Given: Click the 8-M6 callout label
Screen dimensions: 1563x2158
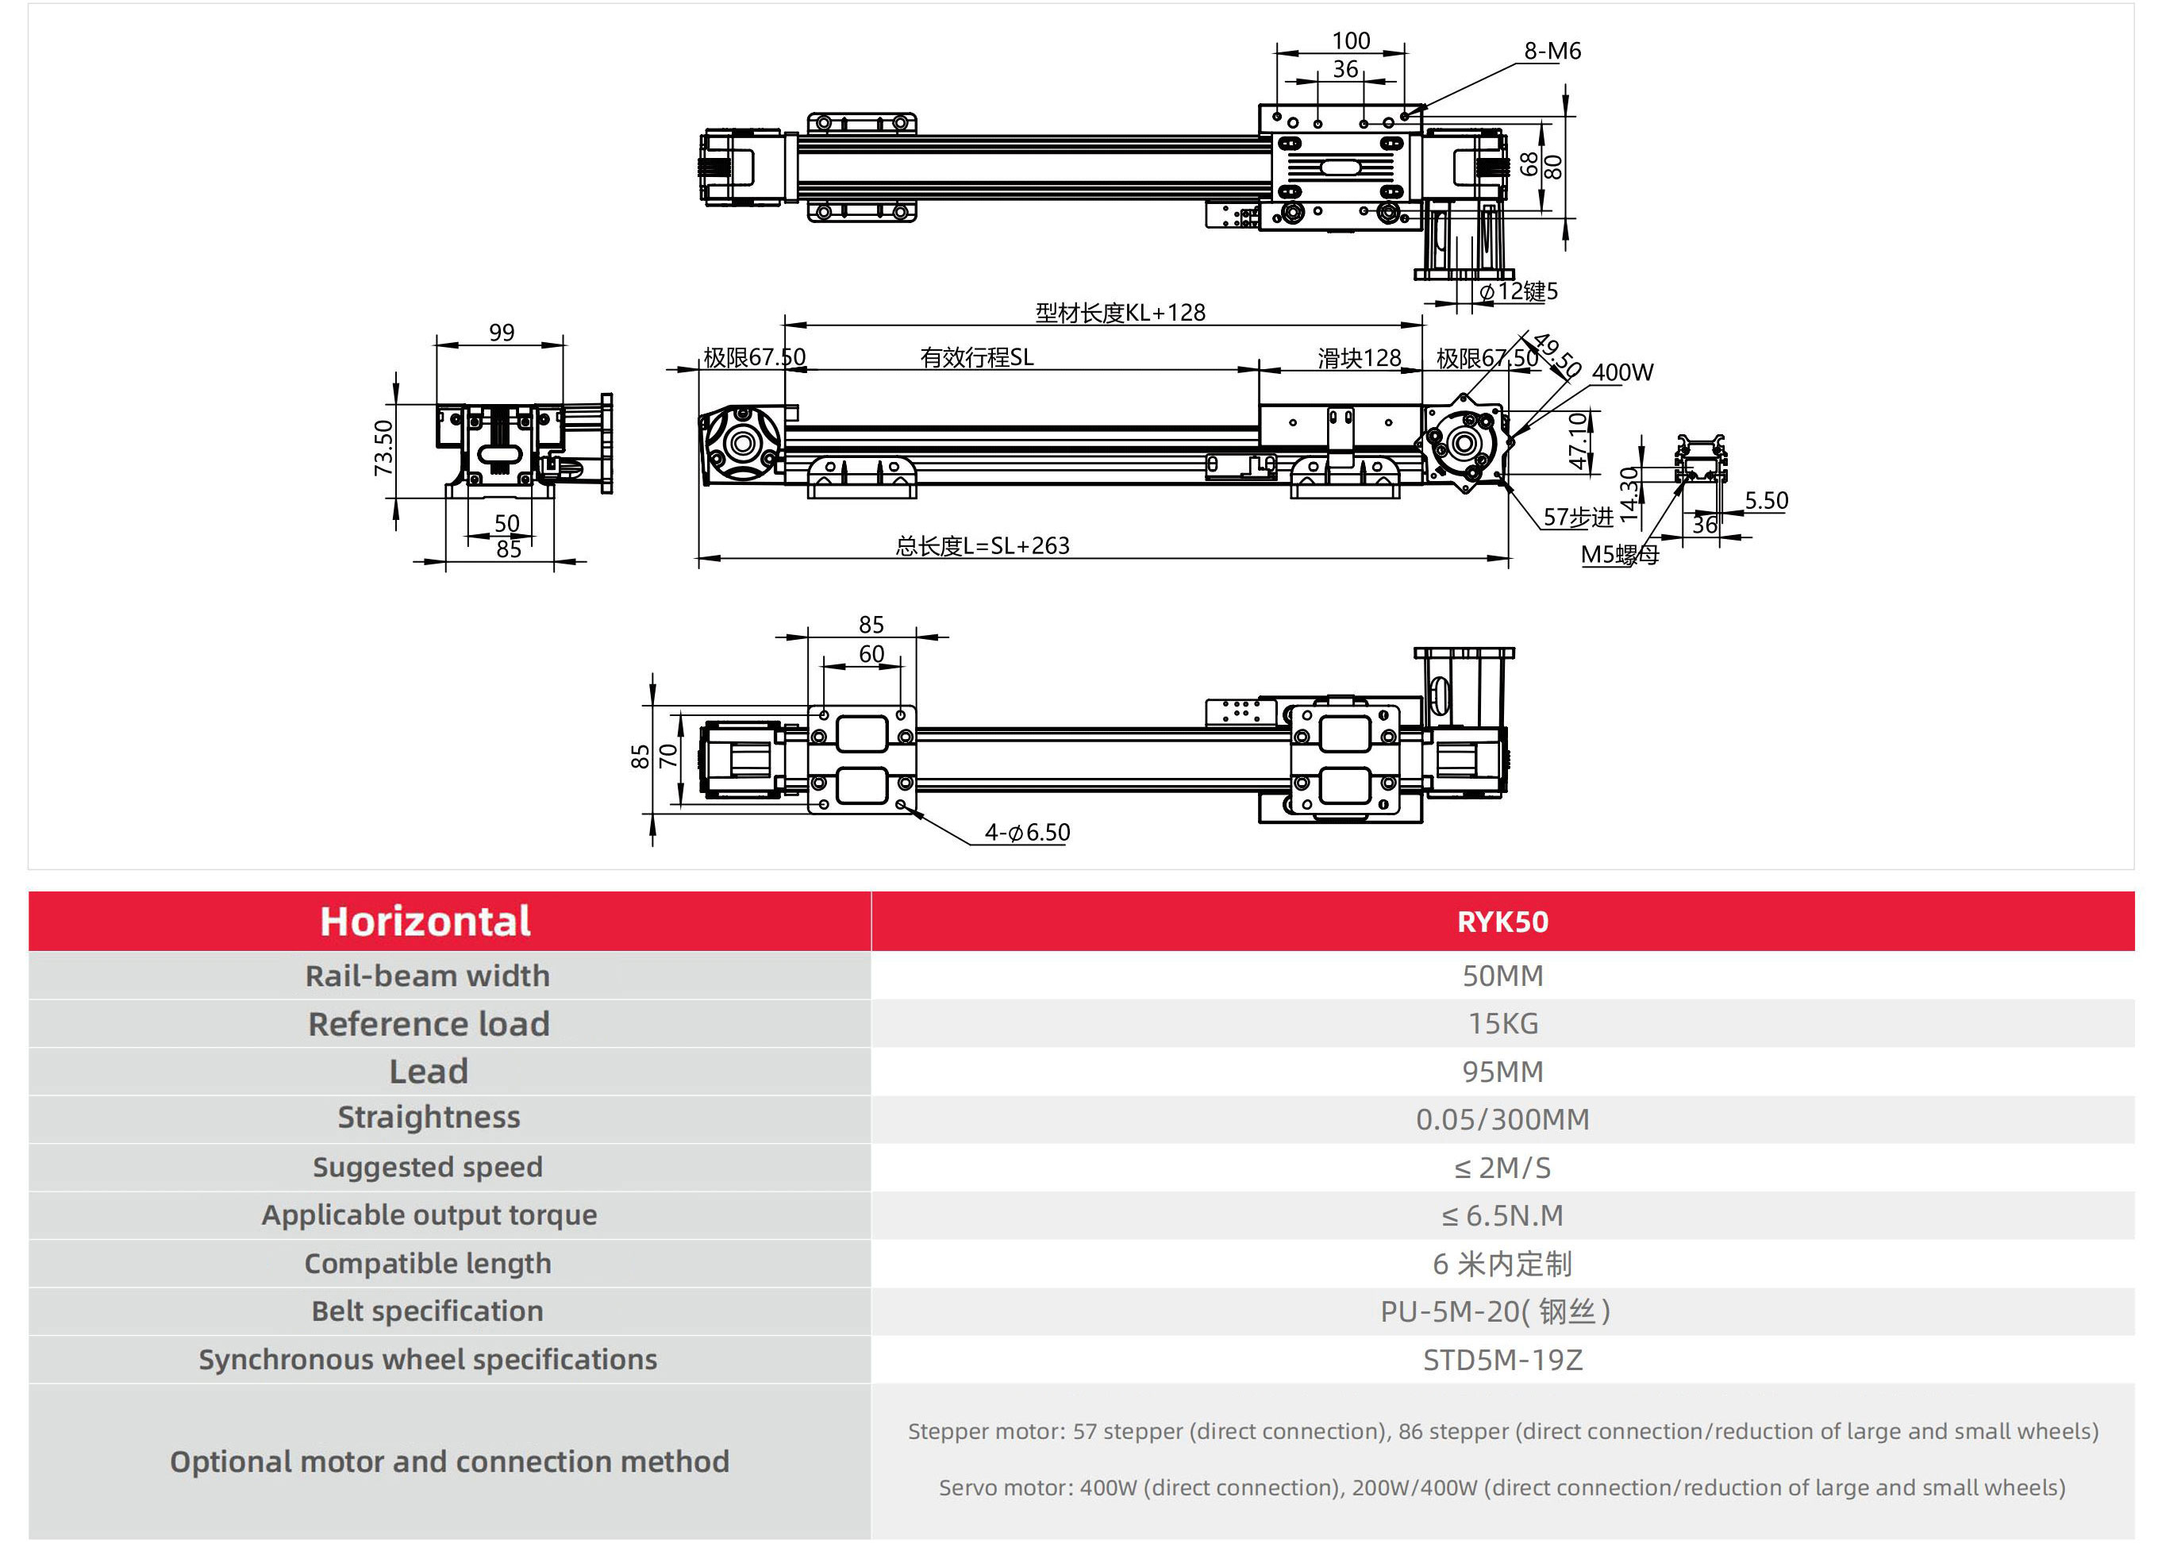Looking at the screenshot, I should pos(1551,52).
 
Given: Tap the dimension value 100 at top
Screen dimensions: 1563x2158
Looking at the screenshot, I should pos(1349,41).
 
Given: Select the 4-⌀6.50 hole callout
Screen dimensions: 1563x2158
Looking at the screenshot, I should pos(1027,833).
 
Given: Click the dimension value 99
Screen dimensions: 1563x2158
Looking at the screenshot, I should pos(502,333).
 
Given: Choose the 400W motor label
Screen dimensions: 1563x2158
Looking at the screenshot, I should pos(1621,373).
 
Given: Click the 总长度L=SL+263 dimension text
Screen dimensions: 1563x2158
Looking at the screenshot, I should pos(982,546).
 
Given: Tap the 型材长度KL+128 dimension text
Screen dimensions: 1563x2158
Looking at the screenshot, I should pos(1120,314).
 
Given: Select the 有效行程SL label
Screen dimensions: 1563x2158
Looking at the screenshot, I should pos(976,358).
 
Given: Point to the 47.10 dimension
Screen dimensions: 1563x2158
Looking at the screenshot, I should pos(1578,440).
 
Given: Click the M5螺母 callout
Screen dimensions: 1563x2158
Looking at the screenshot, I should pos(1618,555).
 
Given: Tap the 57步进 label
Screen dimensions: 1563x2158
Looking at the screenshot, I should pos(1578,518).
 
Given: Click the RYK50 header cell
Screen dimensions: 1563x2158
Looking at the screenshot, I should pos(1502,922).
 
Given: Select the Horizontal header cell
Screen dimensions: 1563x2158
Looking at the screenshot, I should pos(425,922).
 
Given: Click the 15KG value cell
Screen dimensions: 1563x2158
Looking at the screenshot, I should pos(1502,1023).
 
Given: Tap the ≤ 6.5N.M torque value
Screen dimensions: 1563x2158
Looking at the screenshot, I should pos(1502,1215).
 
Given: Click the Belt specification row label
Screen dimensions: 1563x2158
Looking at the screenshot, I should pos(427,1311).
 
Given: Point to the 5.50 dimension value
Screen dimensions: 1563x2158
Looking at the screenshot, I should pos(1765,501).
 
